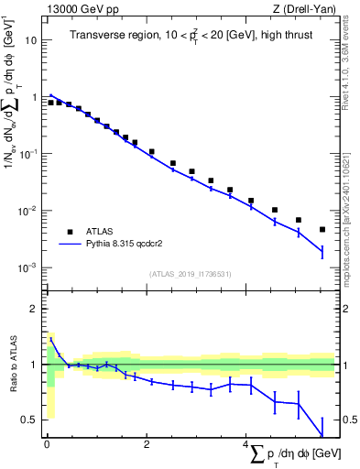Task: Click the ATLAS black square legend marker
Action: (67, 232)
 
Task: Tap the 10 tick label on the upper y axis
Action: (29, 40)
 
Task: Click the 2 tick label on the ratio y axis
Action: (33, 309)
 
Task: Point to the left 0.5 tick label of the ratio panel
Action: (29, 420)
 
